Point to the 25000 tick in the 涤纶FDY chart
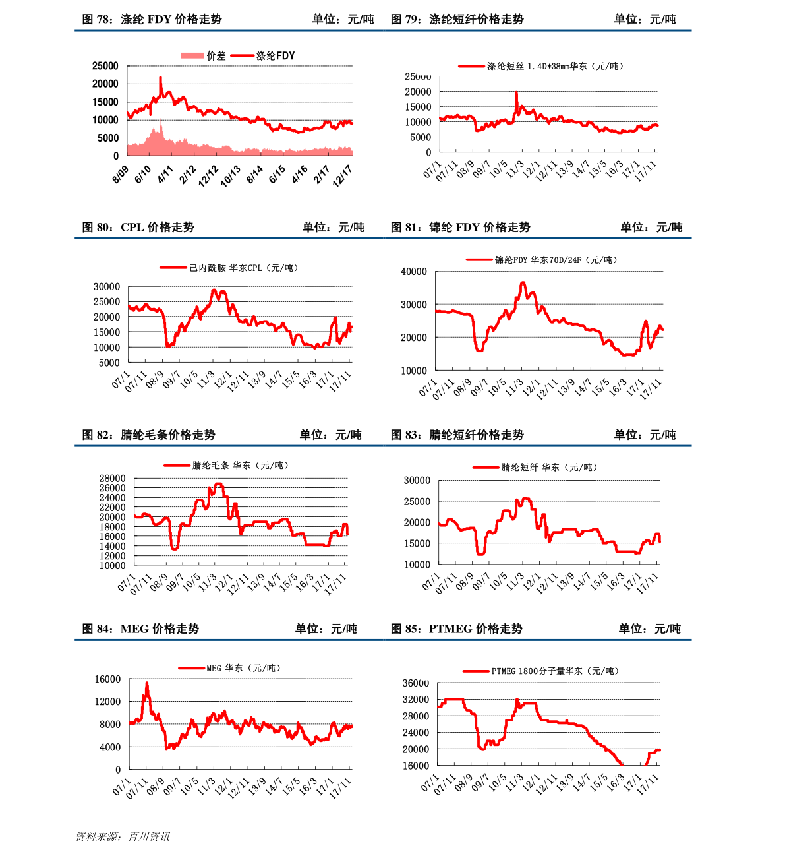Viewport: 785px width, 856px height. (x=105, y=66)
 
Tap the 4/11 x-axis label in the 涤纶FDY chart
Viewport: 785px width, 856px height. (x=165, y=174)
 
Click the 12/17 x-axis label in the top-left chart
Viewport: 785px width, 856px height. (x=343, y=175)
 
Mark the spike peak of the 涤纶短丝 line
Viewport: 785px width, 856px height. (x=516, y=92)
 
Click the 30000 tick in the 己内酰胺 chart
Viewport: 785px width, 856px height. (x=107, y=287)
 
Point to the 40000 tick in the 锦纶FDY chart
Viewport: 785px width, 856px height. (x=414, y=272)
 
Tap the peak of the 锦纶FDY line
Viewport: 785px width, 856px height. (x=523, y=282)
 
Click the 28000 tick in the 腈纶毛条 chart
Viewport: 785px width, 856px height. (x=112, y=479)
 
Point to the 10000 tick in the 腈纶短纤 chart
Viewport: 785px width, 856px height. (x=417, y=565)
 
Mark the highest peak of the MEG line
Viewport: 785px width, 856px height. (x=147, y=683)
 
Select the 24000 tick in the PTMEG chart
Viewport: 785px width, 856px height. (x=416, y=733)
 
